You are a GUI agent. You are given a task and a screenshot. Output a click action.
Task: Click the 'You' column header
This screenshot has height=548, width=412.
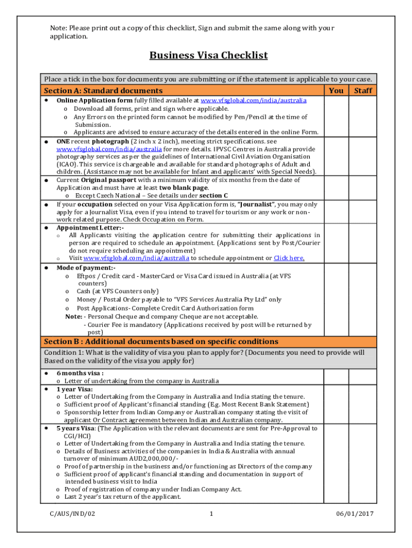click(336, 90)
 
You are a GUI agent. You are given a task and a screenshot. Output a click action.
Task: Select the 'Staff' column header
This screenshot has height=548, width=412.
click(363, 90)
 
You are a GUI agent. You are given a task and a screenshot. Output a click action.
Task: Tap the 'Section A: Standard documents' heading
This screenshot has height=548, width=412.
click(103, 90)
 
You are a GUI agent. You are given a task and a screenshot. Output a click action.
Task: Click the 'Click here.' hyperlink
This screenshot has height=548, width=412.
click(289, 258)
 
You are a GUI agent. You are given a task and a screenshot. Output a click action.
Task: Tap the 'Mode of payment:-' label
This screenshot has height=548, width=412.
click(86, 268)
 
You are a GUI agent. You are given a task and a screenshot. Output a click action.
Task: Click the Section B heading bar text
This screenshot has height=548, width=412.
click(161, 341)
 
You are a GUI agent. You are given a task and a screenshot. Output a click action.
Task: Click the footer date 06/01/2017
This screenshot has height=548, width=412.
click(355, 514)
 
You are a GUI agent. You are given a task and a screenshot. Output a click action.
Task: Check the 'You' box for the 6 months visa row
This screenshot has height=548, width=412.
click(336, 376)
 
